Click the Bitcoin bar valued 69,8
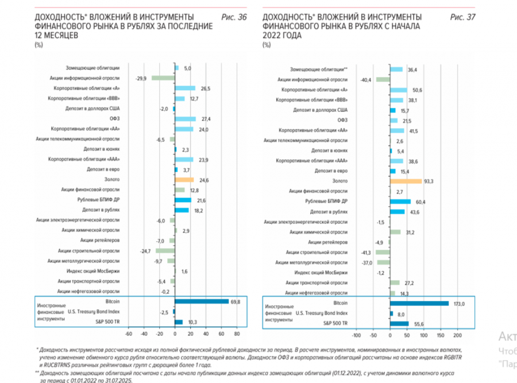[201, 301]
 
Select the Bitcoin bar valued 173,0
[419, 303]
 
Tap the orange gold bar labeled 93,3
[406, 181]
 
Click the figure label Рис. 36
[234, 17]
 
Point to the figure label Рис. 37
[463, 17]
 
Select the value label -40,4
[364, 80]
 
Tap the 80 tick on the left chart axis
[236, 334]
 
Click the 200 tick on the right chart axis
[458, 335]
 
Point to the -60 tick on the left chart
[129, 334]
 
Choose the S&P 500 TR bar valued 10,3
[179, 322]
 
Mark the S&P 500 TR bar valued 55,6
[399, 323]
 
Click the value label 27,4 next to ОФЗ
[206, 119]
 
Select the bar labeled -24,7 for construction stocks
[165, 251]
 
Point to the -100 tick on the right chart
[356, 335]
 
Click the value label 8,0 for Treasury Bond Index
[402, 314]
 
